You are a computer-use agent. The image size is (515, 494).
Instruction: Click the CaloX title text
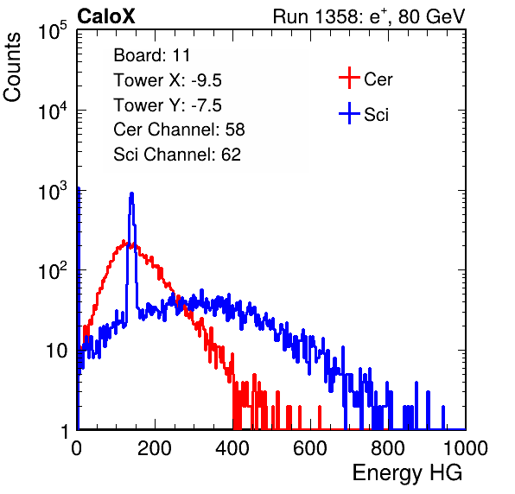[x=106, y=16]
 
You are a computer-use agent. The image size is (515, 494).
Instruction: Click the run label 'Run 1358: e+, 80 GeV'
[x=369, y=16]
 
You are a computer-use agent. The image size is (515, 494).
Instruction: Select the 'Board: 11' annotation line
[x=152, y=55]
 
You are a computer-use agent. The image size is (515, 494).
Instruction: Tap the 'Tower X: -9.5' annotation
[x=168, y=80]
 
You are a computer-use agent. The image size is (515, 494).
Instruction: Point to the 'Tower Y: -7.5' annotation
[x=168, y=105]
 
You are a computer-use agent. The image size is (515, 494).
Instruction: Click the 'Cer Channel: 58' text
[x=179, y=130]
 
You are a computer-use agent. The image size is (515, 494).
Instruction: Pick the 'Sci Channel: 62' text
[x=177, y=155]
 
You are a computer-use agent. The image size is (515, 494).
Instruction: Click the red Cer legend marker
[x=349, y=78]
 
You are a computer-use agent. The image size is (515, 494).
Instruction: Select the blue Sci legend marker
[x=349, y=113]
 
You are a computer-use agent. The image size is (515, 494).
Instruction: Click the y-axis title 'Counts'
[x=12, y=67]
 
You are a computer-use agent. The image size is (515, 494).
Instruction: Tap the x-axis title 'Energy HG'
[x=407, y=473]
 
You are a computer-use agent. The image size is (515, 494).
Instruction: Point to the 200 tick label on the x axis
[x=155, y=448]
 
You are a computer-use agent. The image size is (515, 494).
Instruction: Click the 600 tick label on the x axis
[x=310, y=448]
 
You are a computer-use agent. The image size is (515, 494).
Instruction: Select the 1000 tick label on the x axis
[x=466, y=448]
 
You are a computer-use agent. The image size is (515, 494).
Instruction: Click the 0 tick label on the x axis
[x=77, y=448]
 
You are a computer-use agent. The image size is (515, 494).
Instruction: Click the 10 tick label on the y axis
[x=56, y=351]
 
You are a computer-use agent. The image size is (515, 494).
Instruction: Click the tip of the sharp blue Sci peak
[x=131, y=193]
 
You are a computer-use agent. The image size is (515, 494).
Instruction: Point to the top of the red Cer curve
[x=124, y=241]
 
